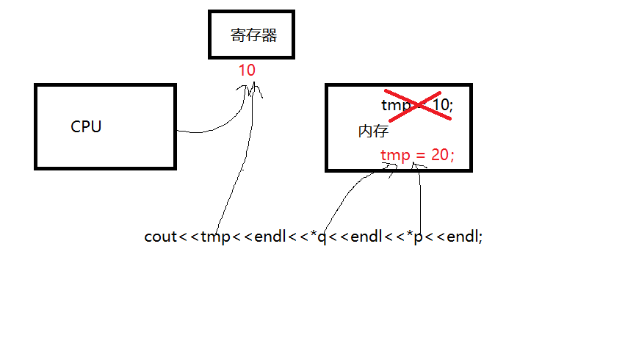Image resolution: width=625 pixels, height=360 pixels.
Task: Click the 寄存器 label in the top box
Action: tap(253, 35)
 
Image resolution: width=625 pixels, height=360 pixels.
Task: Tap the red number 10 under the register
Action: tap(247, 71)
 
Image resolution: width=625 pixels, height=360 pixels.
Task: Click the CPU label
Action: tap(86, 126)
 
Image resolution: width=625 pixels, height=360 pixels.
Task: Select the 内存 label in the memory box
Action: tap(373, 132)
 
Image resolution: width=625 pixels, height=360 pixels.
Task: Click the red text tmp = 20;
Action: tap(417, 155)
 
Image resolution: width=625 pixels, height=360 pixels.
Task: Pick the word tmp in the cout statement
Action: tap(215, 237)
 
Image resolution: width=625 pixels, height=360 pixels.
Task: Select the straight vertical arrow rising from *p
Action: tap(419, 198)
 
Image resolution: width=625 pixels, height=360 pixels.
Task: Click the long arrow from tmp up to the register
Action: tap(235, 176)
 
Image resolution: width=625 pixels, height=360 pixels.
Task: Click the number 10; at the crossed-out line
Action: tap(442, 106)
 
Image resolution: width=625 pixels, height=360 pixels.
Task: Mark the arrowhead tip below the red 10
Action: tap(252, 82)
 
